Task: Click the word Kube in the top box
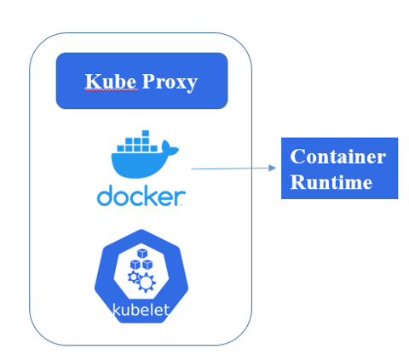(x=111, y=81)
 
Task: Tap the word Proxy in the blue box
(x=170, y=83)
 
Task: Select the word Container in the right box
(x=338, y=156)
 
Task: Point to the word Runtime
(x=331, y=181)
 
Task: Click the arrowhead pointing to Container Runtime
(x=272, y=168)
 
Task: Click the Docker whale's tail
(x=170, y=147)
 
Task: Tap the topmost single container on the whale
(x=146, y=133)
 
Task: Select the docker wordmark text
(x=141, y=195)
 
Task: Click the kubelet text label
(x=141, y=310)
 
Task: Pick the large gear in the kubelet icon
(x=146, y=283)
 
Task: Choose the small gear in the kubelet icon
(x=133, y=277)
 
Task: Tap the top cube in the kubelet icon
(x=142, y=254)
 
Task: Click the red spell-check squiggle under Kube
(x=111, y=90)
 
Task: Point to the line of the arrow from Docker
(x=230, y=169)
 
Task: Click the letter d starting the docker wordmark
(x=106, y=195)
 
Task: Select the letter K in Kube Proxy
(x=91, y=81)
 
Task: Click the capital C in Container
(x=297, y=157)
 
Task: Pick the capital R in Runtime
(x=297, y=181)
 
